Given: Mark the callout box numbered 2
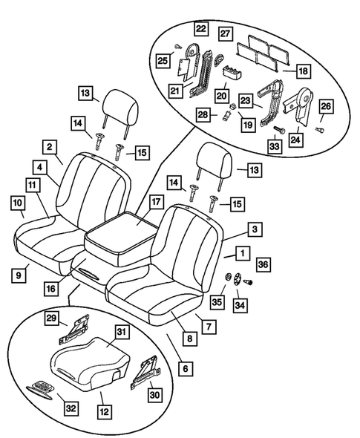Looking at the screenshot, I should (x=49, y=147).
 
